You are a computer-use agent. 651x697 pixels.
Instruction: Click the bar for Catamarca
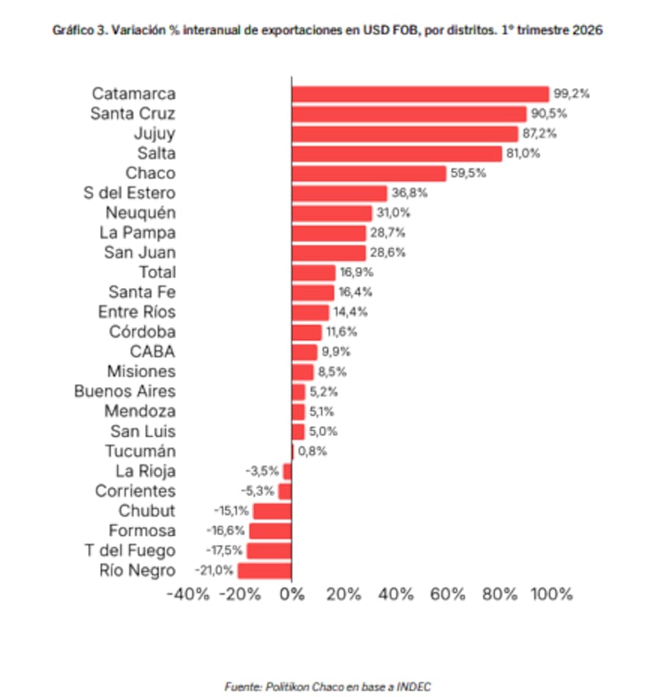click(420, 94)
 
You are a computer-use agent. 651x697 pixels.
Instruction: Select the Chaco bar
click(369, 173)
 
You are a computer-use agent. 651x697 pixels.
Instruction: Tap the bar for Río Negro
click(264, 570)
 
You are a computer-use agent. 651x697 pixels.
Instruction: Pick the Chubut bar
click(272, 511)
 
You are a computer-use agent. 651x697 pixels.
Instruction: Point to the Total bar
click(313, 272)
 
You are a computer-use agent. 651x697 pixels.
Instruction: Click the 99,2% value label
click(571, 94)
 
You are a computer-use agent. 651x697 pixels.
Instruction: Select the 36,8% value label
click(409, 193)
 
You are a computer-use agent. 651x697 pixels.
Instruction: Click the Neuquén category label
click(140, 213)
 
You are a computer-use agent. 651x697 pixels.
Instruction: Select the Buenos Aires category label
click(125, 391)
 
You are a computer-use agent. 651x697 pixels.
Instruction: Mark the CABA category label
click(153, 352)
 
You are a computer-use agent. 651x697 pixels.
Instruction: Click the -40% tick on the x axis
click(188, 594)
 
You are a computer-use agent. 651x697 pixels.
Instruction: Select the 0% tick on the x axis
click(292, 594)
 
